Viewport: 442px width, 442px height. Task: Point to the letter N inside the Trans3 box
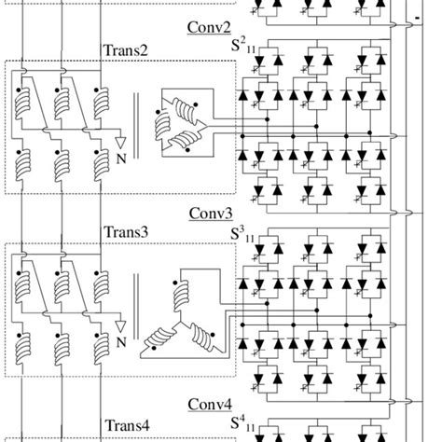(x=118, y=341)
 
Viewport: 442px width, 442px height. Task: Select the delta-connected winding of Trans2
(x=182, y=117)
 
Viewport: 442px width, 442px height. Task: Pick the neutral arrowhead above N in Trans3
(x=118, y=327)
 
